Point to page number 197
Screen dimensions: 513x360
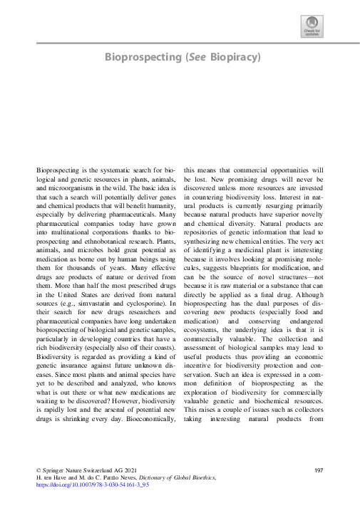[x=319, y=472]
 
